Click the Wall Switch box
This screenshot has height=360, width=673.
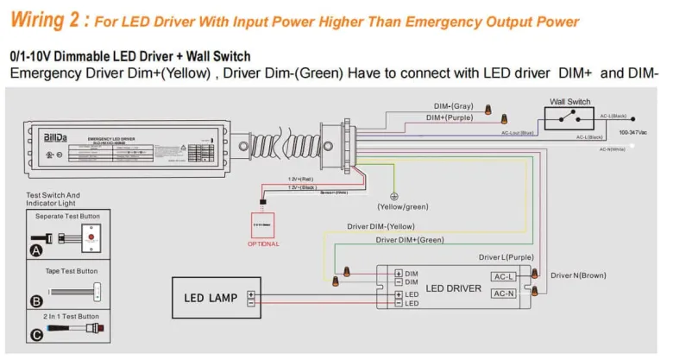click(x=569, y=118)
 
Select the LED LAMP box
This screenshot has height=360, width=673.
click(x=216, y=298)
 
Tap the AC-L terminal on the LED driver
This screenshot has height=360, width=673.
click(x=504, y=277)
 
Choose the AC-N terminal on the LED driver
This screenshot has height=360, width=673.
click(x=504, y=294)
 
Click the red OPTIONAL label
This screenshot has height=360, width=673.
click(x=263, y=243)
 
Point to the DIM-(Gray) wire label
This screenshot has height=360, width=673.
click(x=453, y=105)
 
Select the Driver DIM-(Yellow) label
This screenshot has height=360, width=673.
click(x=381, y=227)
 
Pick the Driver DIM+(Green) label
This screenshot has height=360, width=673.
click(x=410, y=240)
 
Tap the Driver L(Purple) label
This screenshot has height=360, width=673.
click(x=506, y=257)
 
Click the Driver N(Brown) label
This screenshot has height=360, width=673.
click(x=578, y=275)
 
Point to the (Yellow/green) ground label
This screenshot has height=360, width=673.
click(x=402, y=207)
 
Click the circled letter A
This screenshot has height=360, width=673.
click(x=36, y=250)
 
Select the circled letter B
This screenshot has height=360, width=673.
click(x=36, y=300)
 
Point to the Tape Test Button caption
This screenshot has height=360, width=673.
click(x=75, y=270)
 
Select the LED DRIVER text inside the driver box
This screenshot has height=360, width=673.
click(x=453, y=287)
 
